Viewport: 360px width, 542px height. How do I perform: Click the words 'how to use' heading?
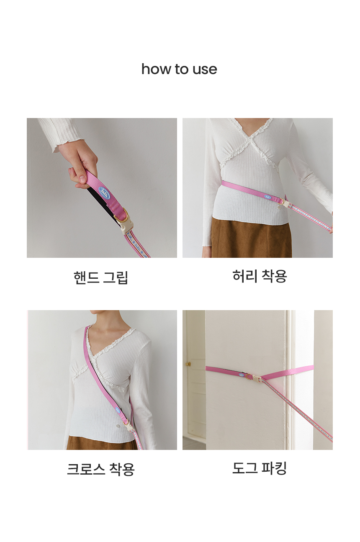pos(179,69)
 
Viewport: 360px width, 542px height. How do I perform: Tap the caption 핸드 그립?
pos(100,277)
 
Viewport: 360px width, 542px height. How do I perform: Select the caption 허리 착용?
pos(260,276)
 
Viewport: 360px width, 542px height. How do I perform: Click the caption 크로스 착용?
pos(100,469)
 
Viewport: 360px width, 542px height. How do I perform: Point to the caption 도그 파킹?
pos(260,468)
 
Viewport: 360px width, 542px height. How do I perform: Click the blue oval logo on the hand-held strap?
pos(104,192)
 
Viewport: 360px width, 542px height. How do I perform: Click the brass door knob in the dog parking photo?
pos(188,364)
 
